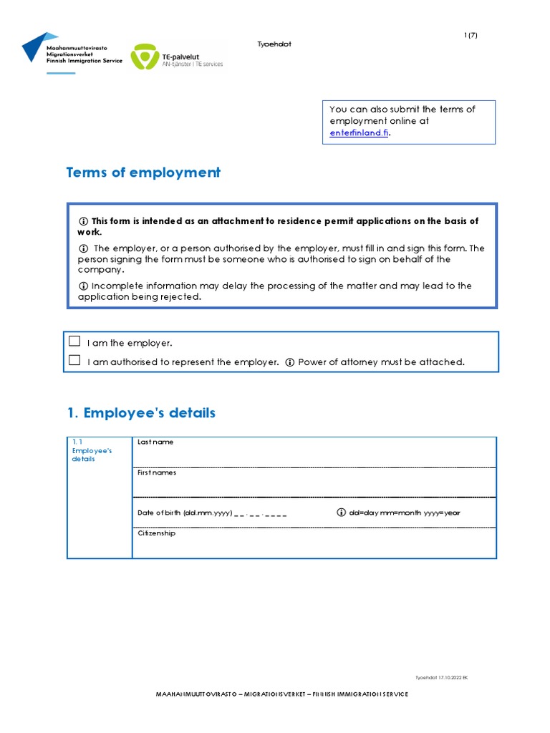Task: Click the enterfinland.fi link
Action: click(x=360, y=133)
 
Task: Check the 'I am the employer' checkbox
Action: click(x=74, y=341)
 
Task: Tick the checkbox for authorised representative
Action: click(x=74, y=361)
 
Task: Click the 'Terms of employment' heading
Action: click(x=143, y=173)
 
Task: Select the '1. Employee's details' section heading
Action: click(x=140, y=413)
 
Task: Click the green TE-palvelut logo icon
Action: click(x=146, y=58)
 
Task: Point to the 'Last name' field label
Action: click(x=155, y=442)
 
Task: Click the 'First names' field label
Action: click(x=157, y=472)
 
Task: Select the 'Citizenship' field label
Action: click(x=156, y=533)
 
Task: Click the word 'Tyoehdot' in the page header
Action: click(x=274, y=44)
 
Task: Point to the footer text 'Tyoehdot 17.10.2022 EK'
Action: click(x=441, y=677)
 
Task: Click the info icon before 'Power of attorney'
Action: click(x=290, y=362)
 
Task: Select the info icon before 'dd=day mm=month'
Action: click(x=341, y=513)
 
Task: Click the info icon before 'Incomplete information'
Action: click(x=83, y=286)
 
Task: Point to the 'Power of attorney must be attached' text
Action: click(x=382, y=362)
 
